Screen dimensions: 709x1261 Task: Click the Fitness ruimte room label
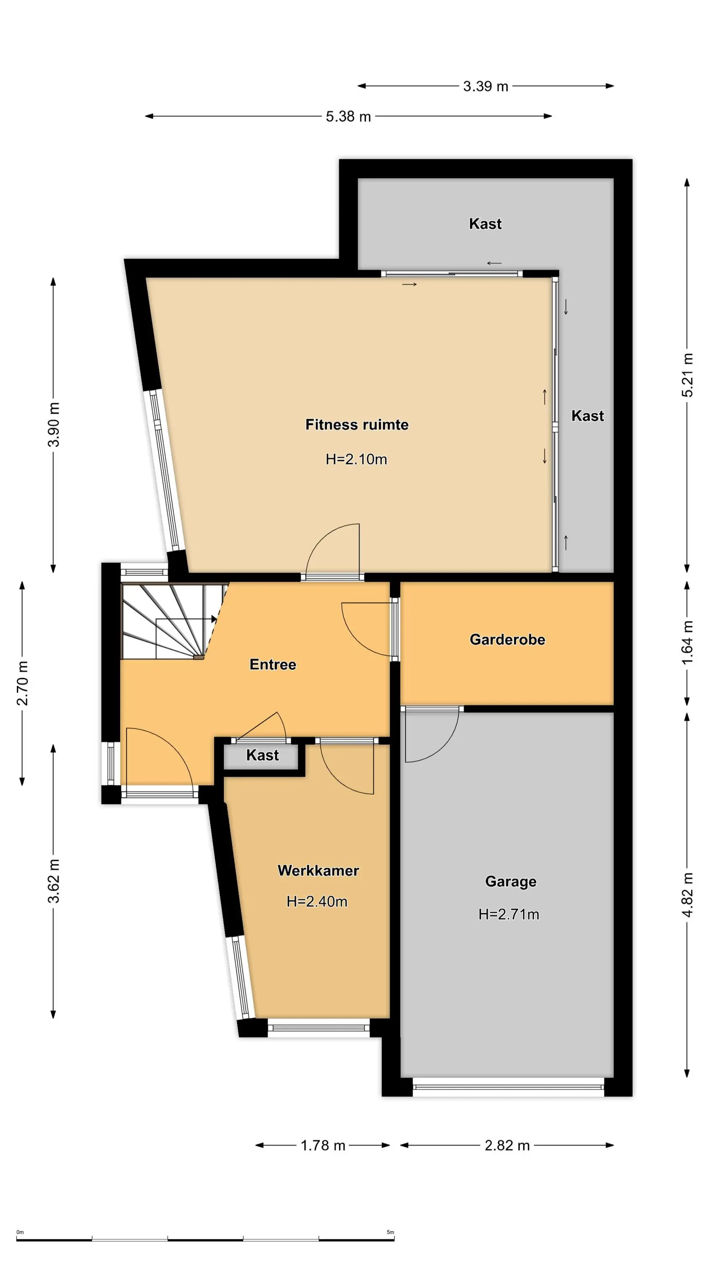[x=357, y=425]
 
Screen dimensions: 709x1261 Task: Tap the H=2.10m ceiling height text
[x=356, y=459]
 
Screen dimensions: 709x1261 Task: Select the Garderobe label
[x=507, y=639]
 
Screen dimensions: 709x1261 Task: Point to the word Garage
[x=511, y=881]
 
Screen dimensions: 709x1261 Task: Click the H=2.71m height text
[x=509, y=914]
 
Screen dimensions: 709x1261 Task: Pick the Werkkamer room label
[x=318, y=870]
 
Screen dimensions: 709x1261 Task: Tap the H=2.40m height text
[x=317, y=901]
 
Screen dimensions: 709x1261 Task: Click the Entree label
[x=273, y=664]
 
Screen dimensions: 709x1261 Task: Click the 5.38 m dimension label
[x=348, y=116]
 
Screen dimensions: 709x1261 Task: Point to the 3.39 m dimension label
[x=486, y=86]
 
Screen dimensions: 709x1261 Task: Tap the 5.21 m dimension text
[x=688, y=375]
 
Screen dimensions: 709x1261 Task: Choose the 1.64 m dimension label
[x=688, y=642]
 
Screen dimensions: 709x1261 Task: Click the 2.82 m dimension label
[x=507, y=1145]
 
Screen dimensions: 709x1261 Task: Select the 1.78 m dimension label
[x=323, y=1145]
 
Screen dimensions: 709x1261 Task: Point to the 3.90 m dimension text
[x=54, y=425]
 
